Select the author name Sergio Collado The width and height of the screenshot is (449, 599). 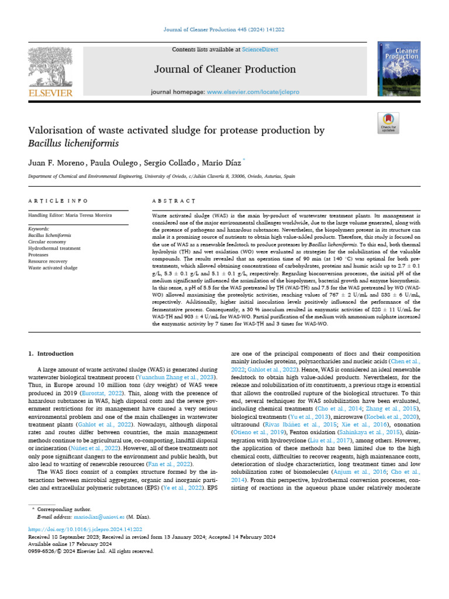167,161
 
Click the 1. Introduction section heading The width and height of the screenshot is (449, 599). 51,354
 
